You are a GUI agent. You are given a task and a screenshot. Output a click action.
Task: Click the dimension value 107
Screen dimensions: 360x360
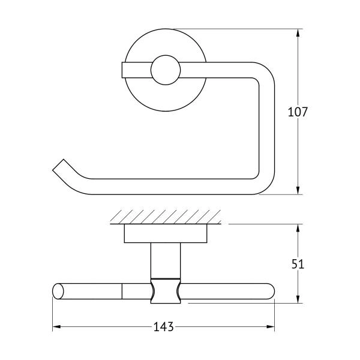[x=298, y=112]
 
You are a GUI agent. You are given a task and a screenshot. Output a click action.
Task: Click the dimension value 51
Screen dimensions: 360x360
[x=298, y=264]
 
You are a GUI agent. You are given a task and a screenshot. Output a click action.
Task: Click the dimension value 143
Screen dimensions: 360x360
[x=163, y=326]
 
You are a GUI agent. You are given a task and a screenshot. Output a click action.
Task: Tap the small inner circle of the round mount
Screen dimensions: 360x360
[x=166, y=70]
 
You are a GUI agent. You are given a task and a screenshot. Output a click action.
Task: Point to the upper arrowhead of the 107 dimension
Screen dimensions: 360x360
[x=298, y=33]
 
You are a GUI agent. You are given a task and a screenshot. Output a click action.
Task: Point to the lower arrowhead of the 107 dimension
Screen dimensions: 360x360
[x=298, y=190]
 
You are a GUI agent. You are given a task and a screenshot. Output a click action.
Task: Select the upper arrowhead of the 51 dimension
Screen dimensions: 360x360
[x=298, y=229]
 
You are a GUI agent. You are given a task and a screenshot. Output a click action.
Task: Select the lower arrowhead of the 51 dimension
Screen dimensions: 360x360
[x=298, y=299]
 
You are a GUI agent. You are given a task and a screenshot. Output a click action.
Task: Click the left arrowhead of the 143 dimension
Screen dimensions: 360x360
[x=57, y=326]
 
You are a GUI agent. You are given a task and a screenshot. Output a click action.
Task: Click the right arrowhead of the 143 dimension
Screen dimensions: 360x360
[x=270, y=326]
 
